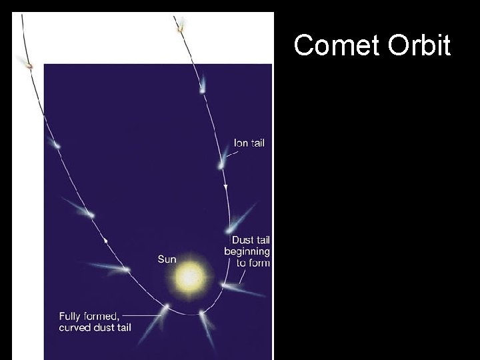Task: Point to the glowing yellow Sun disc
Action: (x=191, y=275)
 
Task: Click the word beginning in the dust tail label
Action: (x=247, y=251)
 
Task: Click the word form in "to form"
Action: (x=258, y=263)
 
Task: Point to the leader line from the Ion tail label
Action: (x=229, y=154)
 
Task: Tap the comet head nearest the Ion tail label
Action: (x=220, y=165)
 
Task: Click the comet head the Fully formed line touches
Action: (x=166, y=307)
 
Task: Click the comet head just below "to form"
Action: (x=224, y=285)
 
